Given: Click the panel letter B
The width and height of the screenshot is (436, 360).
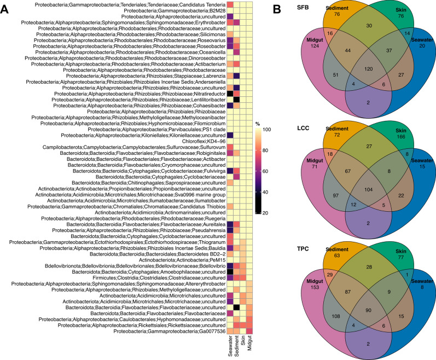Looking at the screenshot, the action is (x=277, y=9).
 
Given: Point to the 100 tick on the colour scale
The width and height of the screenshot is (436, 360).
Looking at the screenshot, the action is (x=266, y=130).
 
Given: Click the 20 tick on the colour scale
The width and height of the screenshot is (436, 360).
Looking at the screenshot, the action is (x=265, y=213).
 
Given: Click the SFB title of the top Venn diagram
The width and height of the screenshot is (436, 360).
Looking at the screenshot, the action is (x=303, y=8).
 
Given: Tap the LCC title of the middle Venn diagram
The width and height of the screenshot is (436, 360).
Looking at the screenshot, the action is (x=303, y=128).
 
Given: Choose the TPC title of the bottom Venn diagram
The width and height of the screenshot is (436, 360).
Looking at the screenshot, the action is (x=303, y=249).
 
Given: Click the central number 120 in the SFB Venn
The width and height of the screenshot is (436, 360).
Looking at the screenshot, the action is (x=368, y=69).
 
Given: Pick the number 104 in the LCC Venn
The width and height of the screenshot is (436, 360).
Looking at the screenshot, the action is (x=368, y=190).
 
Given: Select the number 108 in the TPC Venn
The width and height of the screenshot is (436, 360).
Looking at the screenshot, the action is (x=336, y=316).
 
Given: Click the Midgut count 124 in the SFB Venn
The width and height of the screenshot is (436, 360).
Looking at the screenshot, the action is (x=315, y=46).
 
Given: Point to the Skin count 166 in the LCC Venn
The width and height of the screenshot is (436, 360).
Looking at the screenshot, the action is (x=401, y=137).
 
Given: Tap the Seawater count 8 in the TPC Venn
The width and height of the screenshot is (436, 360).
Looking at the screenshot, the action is (x=422, y=287).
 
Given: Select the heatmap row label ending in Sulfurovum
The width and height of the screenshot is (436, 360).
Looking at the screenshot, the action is (x=134, y=147).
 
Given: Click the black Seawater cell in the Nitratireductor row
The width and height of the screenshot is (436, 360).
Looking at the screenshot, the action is (x=230, y=94).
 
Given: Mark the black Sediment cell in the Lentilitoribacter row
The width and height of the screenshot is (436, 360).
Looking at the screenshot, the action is (x=237, y=100).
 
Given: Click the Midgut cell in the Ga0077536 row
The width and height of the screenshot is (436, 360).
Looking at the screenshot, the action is (x=249, y=331).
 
